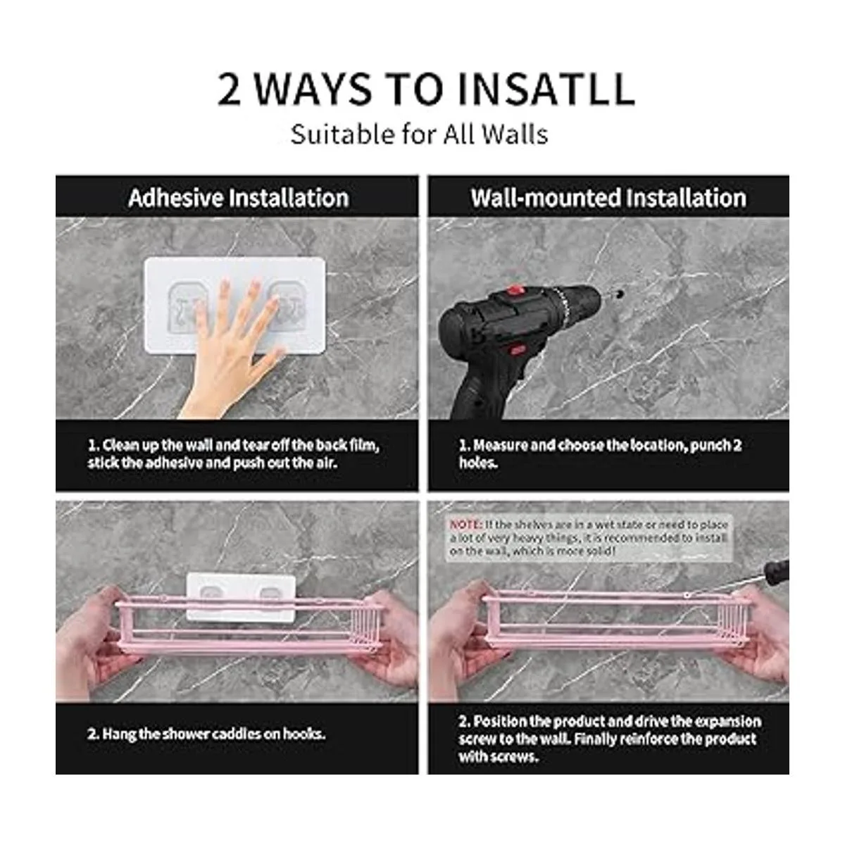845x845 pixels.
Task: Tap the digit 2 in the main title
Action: coord(230,89)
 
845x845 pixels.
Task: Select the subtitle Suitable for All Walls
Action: coord(419,134)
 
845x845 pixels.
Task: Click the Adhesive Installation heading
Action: coord(239,198)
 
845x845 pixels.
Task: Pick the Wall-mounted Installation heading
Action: coord(608,198)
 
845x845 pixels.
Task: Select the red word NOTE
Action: coord(465,525)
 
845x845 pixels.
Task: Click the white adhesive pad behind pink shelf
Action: coord(241,596)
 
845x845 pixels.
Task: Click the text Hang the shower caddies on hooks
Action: coord(206,734)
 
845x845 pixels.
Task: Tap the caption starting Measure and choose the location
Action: coord(601,454)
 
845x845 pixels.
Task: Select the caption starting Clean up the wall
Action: coord(233,454)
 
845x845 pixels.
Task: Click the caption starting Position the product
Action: coord(610,739)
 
